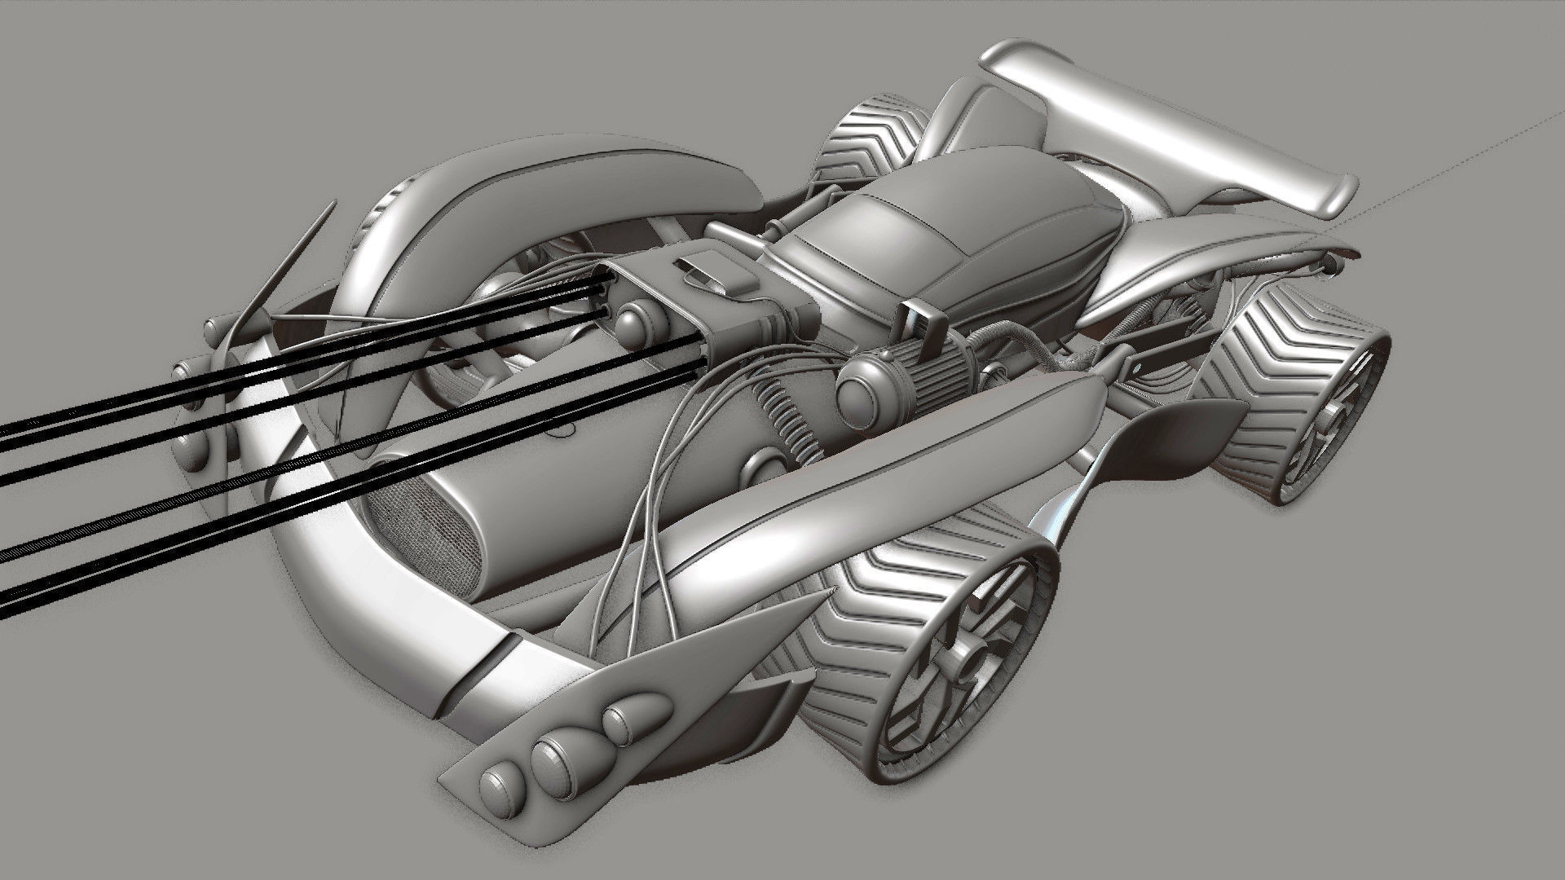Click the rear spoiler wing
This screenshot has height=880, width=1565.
tap(1223, 122)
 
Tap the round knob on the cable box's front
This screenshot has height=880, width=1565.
tap(635, 323)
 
